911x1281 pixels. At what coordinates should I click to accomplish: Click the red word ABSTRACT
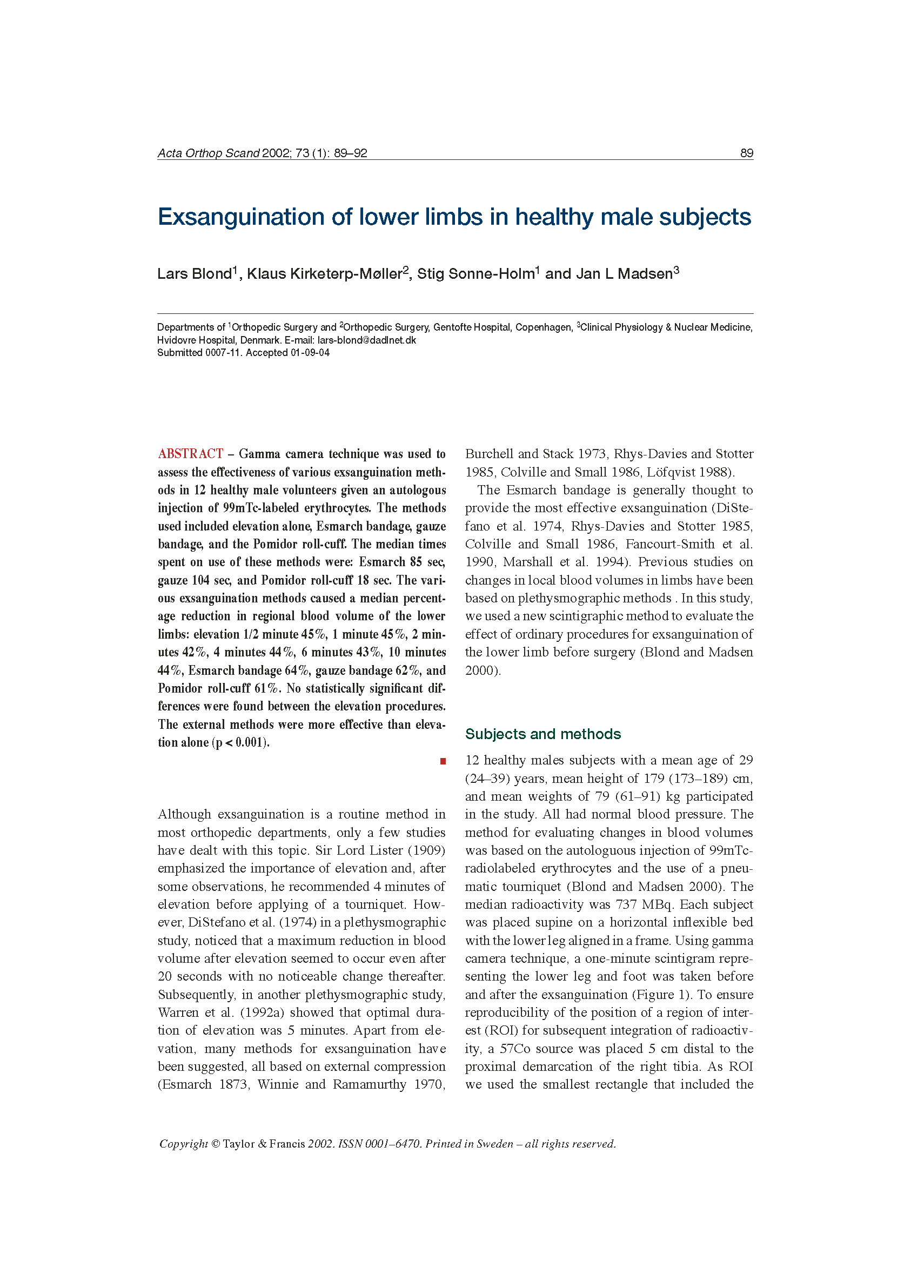[190, 454]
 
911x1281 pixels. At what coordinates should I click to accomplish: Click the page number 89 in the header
[746, 153]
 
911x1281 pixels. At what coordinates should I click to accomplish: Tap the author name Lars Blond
[194, 274]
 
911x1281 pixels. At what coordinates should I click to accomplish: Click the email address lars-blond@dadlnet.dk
[366, 340]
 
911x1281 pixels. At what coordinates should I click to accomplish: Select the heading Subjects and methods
[542, 734]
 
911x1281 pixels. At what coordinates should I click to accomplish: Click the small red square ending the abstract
[443, 761]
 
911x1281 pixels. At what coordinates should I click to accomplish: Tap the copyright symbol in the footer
[215, 1144]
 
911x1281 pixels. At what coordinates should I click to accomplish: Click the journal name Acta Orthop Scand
[208, 153]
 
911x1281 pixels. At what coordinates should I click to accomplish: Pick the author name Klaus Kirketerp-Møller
[324, 274]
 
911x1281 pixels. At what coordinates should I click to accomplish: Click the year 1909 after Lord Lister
[427, 850]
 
